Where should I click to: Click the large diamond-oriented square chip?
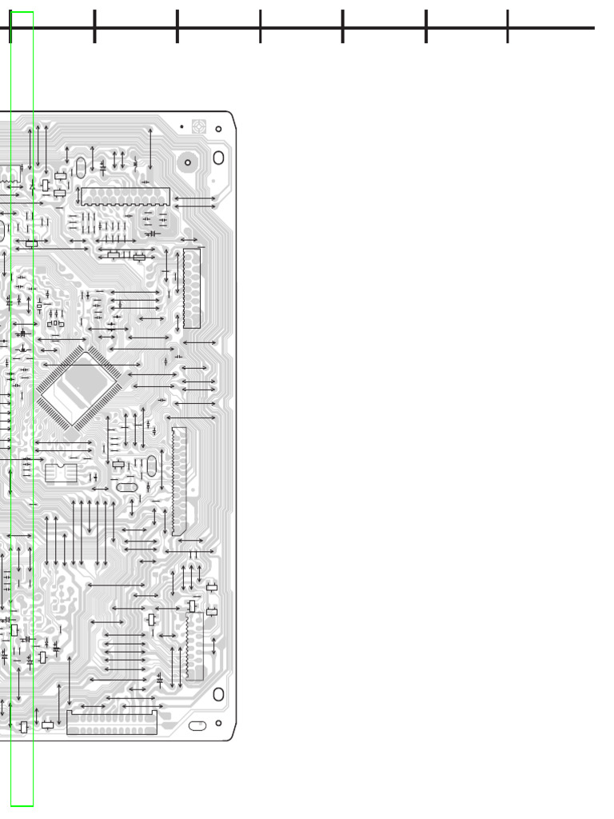point(78,389)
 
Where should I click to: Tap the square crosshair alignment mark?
point(199,126)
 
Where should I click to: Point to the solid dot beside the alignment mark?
point(181,126)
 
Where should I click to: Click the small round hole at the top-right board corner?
point(218,129)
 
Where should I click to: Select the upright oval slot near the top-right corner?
point(218,158)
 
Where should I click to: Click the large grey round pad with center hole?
point(188,162)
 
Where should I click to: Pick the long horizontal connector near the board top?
point(125,197)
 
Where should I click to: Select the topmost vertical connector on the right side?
point(192,288)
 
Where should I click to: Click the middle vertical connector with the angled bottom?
point(179,480)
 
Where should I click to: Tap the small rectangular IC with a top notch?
point(61,473)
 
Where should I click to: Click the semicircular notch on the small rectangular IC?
point(61,465)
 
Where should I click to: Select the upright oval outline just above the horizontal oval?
point(151,465)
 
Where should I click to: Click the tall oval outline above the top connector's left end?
point(81,167)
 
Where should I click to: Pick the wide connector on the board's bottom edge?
point(112,723)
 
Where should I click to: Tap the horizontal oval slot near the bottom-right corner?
point(197,725)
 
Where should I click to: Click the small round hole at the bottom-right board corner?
point(218,723)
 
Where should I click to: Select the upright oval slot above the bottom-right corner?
point(218,694)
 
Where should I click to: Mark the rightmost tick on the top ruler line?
point(508,26)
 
